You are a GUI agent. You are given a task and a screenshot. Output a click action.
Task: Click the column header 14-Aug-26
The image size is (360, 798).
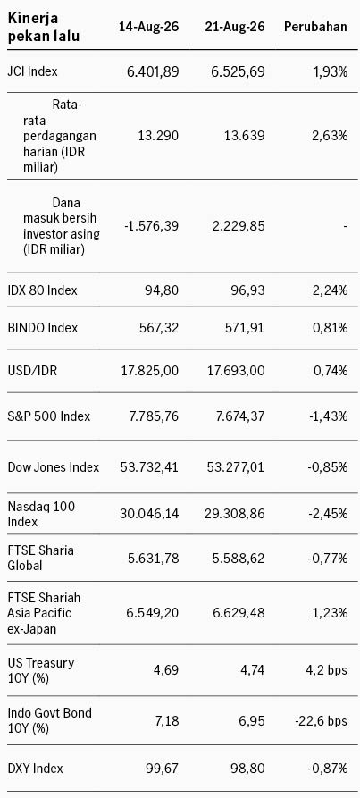(148, 27)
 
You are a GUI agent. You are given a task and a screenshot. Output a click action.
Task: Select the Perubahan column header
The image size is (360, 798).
(315, 27)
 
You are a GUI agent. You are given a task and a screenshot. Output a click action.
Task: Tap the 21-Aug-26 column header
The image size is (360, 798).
(235, 27)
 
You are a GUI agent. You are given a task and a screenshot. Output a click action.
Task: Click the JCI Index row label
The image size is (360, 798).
(32, 71)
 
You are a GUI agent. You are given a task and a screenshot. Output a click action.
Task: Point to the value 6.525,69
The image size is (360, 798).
(238, 71)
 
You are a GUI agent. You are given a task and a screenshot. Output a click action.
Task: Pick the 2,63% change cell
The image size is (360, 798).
(329, 136)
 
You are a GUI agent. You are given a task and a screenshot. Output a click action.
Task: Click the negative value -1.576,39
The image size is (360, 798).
(152, 225)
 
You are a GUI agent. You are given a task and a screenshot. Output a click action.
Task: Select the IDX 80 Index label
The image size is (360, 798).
(43, 290)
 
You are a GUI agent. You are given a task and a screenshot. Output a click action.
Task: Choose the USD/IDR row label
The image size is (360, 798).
(32, 371)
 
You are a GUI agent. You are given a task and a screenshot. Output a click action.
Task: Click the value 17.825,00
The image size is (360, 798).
(149, 371)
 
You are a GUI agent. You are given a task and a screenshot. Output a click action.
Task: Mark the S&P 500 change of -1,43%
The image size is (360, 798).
(328, 416)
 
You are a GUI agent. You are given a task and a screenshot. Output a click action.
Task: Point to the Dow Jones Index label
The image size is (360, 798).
(54, 467)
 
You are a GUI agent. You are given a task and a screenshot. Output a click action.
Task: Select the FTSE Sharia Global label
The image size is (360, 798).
(41, 558)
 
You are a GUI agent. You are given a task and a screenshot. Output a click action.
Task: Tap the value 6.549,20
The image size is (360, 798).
(153, 613)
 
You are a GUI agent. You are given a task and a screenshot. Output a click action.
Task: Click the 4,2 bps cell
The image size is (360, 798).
(328, 669)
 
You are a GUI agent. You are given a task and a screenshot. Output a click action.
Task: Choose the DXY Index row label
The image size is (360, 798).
(36, 768)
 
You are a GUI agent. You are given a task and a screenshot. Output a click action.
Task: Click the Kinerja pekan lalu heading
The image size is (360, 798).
(44, 28)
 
